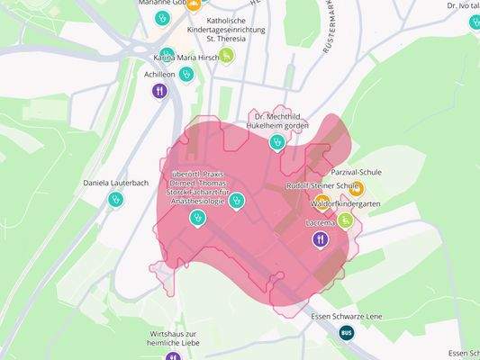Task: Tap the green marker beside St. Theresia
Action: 227,56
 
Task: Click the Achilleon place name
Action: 159,75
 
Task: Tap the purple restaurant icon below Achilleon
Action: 159,90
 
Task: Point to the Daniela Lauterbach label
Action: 115,183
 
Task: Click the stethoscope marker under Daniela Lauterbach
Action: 115,200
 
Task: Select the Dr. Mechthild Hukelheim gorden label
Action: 277,121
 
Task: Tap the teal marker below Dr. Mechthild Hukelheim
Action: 277,141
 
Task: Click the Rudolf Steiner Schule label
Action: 322,186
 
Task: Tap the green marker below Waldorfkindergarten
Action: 346,220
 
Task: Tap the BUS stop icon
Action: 347,333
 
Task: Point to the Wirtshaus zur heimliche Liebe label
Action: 173,339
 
